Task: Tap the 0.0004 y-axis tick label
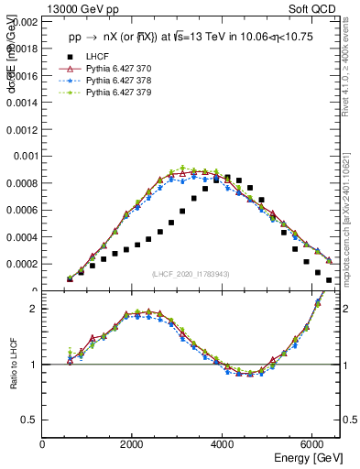click(x=23, y=236)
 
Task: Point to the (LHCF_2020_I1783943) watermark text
click(x=191, y=274)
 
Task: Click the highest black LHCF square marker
click(x=227, y=177)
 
